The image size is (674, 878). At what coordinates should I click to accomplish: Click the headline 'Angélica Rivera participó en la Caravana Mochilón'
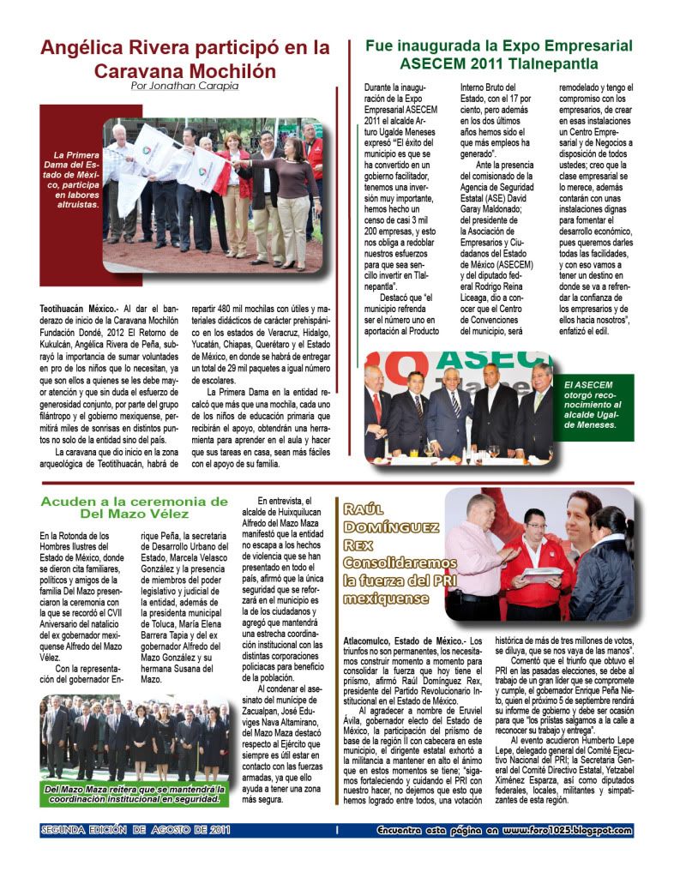(184, 58)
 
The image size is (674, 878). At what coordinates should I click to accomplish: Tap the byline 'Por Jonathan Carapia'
(184, 86)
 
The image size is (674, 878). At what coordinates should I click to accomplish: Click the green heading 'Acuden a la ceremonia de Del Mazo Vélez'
(135, 507)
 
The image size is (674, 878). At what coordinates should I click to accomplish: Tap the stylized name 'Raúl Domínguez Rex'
(385, 527)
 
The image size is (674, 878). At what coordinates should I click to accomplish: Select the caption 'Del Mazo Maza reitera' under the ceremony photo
(135, 795)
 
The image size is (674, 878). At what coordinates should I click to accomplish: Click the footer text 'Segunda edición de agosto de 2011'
(136, 830)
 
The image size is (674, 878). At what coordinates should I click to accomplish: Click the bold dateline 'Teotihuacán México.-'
(78, 307)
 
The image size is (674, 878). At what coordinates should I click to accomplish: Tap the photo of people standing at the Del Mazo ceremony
(135, 742)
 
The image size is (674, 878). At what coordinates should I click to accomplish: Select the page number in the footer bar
(338, 830)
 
